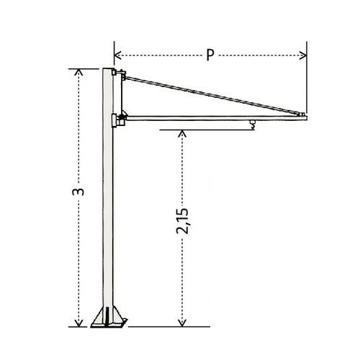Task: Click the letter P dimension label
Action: pyautogui.click(x=210, y=55)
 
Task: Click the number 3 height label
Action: pyautogui.click(x=78, y=192)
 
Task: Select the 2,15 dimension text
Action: pyautogui.click(x=182, y=221)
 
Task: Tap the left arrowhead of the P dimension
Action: pyautogui.click(x=117, y=55)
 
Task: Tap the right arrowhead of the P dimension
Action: pyautogui.click(x=303, y=55)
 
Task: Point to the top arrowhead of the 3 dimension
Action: pyautogui.click(x=78, y=72)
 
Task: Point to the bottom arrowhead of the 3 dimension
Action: pyautogui.click(x=78, y=323)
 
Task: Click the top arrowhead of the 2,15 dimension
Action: pyautogui.click(x=182, y=133)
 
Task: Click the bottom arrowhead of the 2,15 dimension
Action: pyautogui.click(x=182, y=323)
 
